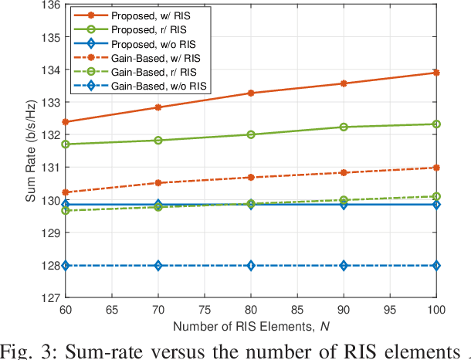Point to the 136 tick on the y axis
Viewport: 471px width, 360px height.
(x=47, y=5)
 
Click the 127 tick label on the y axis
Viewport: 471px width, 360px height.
(x=47, y=298)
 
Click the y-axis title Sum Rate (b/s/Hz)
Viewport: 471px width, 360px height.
(x=30, y=151)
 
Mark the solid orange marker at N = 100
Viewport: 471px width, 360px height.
(x=437, y=73)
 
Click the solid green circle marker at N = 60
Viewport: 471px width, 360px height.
(x=65, y=144)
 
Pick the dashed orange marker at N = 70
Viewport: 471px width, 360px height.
(x=158, y=183)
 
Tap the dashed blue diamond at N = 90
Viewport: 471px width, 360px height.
(x=344, y=266)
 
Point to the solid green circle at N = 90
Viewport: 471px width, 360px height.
(x=344, y=127)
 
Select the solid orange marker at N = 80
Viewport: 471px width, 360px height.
(x=251, y=93)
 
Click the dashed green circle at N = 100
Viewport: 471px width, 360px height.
(x=437, y=196)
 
